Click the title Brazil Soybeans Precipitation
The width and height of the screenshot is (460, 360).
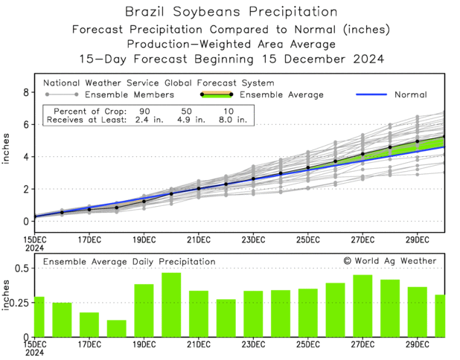point(229,12)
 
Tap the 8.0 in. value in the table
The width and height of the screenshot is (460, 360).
point(234,120)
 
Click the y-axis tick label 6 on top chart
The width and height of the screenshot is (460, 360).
point(25,125)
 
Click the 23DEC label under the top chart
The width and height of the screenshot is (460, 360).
point(253,239)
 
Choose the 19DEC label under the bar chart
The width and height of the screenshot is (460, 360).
point(144,344)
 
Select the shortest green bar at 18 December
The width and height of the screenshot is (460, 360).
point(116,329)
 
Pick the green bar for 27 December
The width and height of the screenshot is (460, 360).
point(362,306)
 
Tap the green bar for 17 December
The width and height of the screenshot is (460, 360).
point(89,324)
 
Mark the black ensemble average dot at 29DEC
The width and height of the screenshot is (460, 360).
point(418,141)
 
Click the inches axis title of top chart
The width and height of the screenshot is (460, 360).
point(7,153)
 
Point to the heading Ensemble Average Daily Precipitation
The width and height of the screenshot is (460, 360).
point(129,262)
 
